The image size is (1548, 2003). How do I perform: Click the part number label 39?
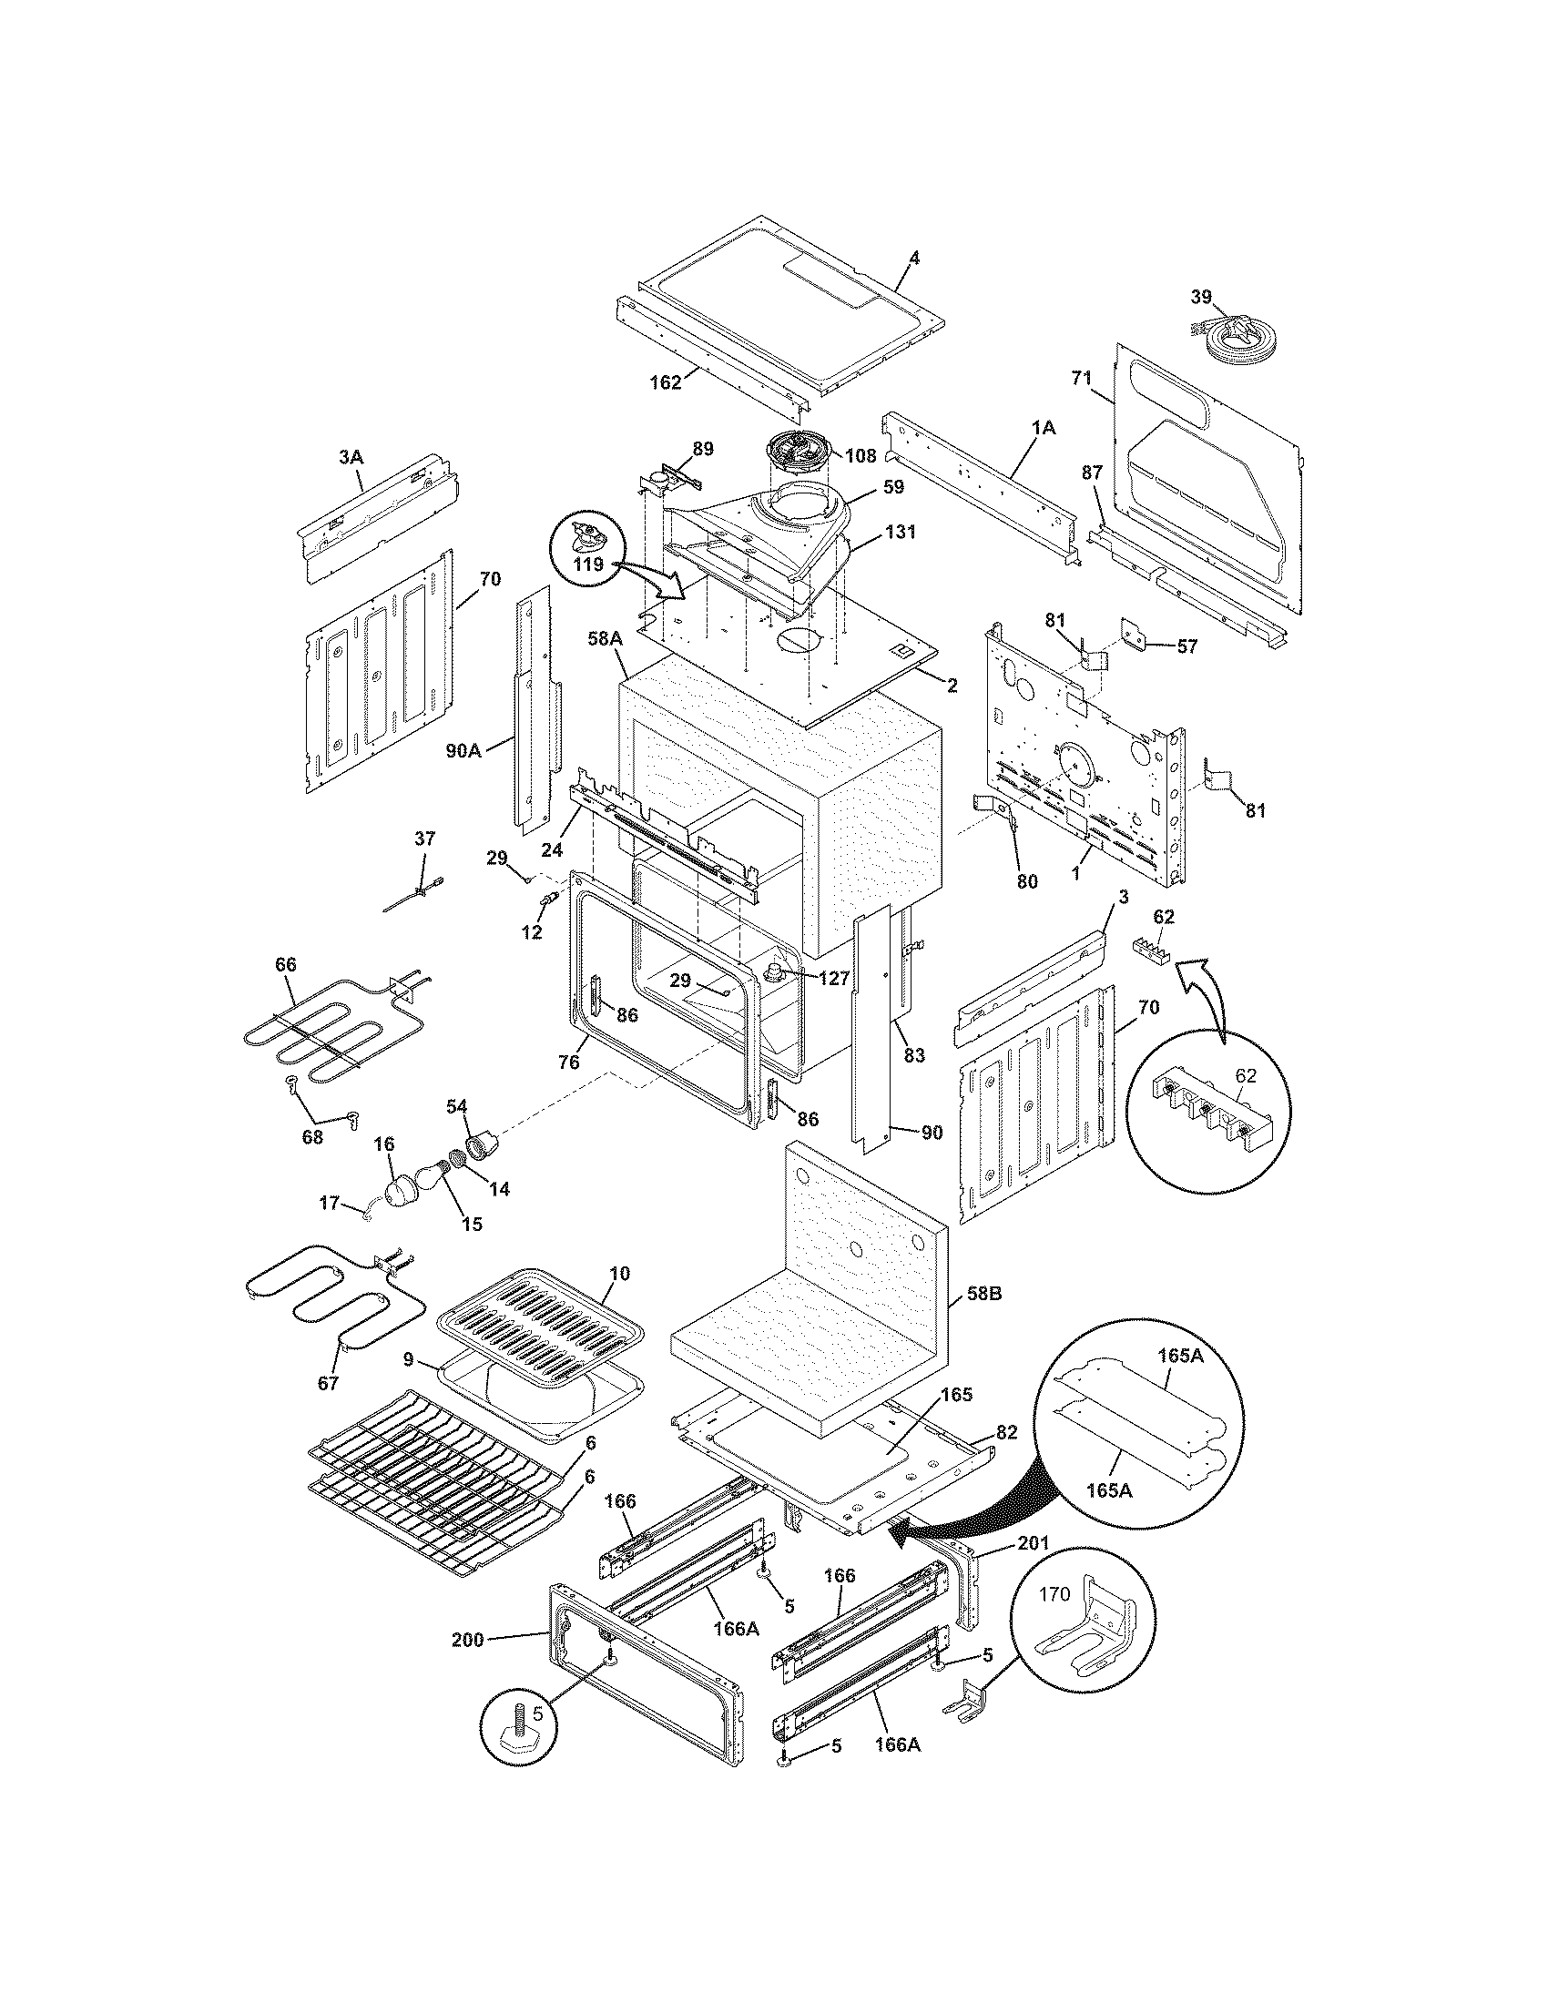click(x=1200, y=296)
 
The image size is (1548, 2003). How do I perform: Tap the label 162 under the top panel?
click(x=666, y=382)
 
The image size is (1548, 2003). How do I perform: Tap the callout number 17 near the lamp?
click(x=330, y=1203)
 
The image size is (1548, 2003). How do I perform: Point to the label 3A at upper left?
click(x=351, y=455)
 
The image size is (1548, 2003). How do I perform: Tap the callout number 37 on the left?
click(x=425, y=839)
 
